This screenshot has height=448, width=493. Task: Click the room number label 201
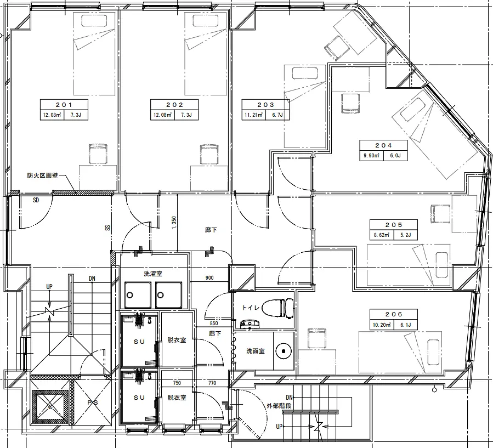(x=64, y=105)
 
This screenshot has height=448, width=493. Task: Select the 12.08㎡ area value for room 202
(x=162, y=115)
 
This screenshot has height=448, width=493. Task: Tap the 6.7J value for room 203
(x=277, y=115)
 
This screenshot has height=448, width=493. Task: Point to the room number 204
(x=383, y=145)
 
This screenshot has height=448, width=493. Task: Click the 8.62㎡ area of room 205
(x=381, y=235)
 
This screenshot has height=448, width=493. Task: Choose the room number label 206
(x=394, y=314)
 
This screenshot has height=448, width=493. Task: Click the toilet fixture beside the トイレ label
(x=277, y=309)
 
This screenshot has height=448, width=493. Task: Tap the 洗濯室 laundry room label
(x=153, y=274)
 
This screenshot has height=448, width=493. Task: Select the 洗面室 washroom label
(x=256, y=351)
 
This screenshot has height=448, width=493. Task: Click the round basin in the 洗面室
(x=284, y=351)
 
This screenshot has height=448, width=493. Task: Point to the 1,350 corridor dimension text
(x=174, y=223)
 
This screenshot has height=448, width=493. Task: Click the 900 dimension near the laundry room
(x=209, y=277)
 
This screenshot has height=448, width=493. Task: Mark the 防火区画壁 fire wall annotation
(x=42, y=175)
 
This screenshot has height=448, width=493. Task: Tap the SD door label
(x=36, y=200)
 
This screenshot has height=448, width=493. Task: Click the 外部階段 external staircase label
(x=279, y=406)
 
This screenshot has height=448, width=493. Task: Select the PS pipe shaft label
(x=93, y=402)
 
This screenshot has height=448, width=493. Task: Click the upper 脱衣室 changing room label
(x=177, y=340)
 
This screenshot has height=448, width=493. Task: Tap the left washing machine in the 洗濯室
(x=138, y=295)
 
